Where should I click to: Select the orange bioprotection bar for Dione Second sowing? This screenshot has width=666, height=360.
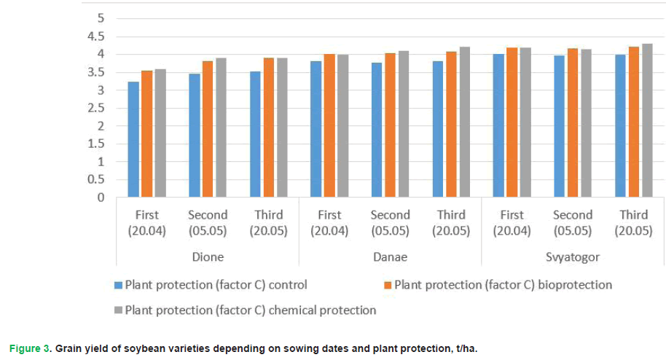coord(208,130)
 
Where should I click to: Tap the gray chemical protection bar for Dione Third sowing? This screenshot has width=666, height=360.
coord(281,128)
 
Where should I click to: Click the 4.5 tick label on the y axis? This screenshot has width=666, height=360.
coord(95,36)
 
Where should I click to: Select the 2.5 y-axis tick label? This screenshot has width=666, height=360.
coord(95,108)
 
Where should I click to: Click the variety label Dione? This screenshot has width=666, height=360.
coord(208,257)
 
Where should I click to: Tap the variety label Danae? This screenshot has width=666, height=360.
coord(391,257)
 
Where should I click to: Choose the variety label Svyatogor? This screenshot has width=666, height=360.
coord(573,257)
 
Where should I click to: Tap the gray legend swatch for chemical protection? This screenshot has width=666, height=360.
coord(118,310)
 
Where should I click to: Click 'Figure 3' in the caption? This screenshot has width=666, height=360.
coord(28,348)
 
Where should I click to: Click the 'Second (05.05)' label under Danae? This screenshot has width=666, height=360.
coord(391,223)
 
